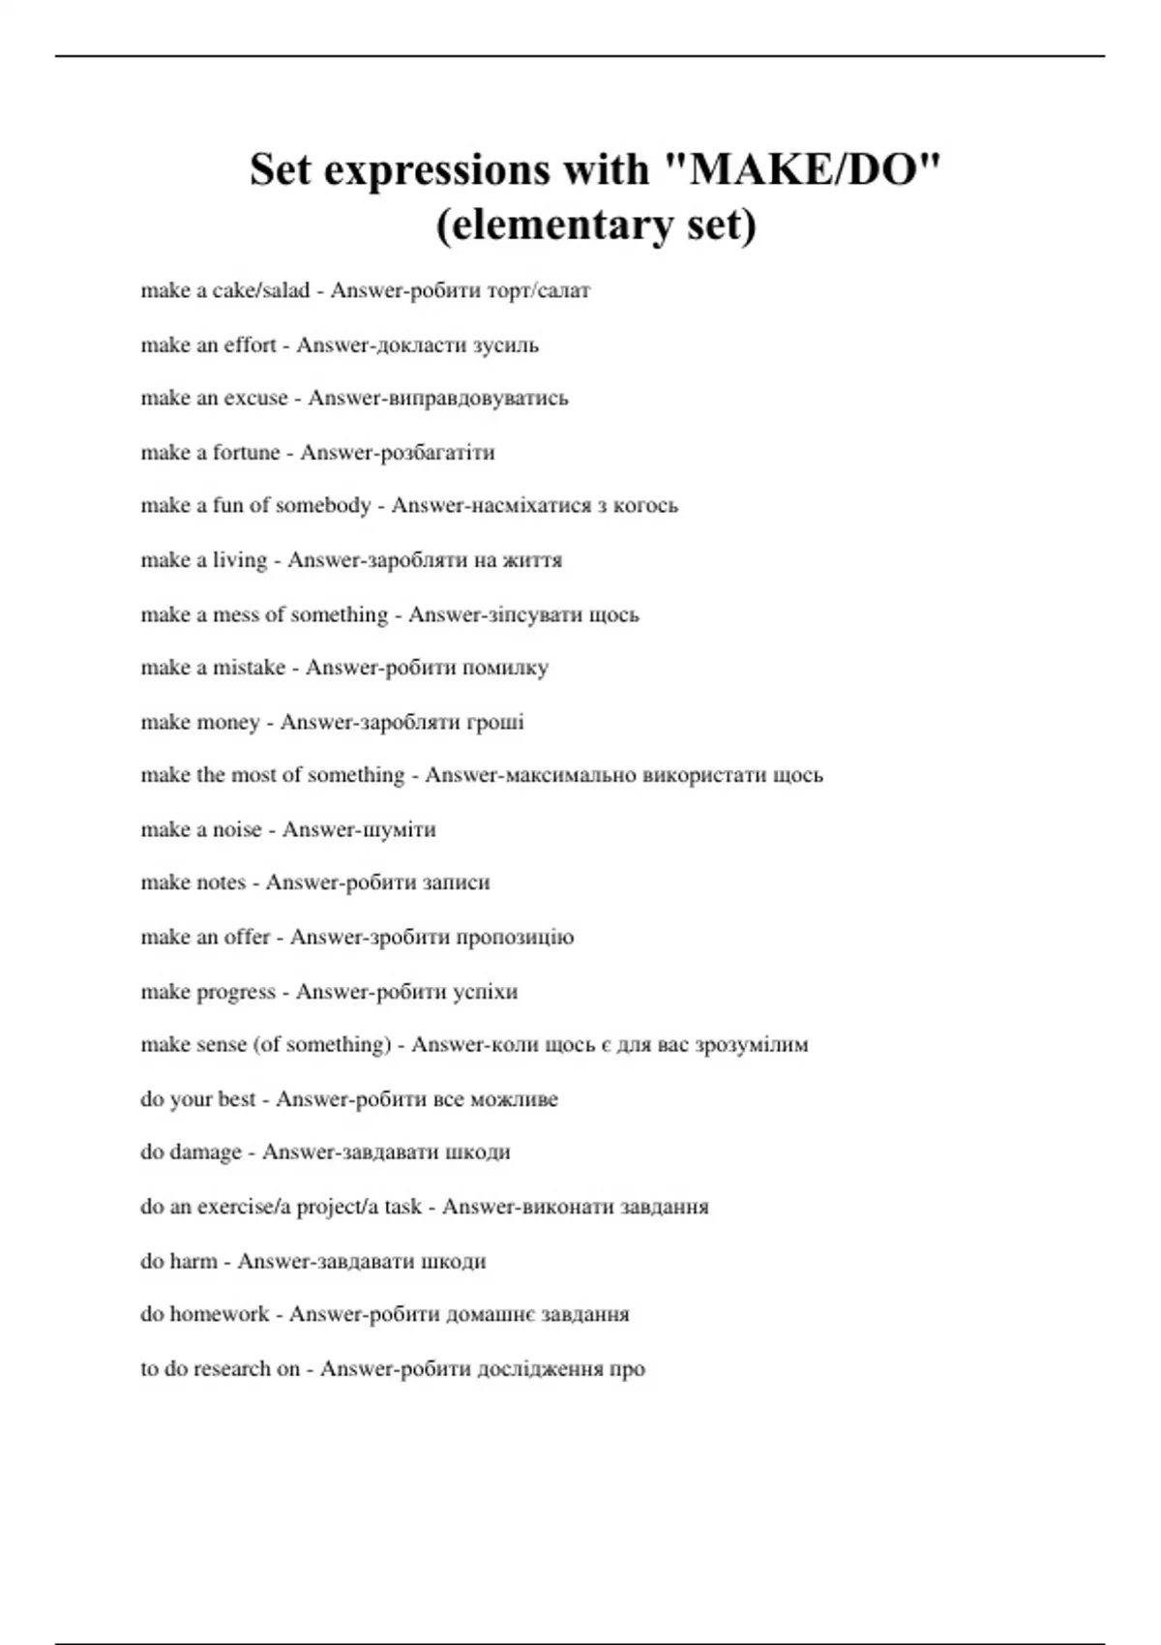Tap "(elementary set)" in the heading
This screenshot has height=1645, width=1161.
[596, 224]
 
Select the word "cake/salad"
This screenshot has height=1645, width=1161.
[260, 290]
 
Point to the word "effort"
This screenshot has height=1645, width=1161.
[251, 344]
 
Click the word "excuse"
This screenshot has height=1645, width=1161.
[256, 398]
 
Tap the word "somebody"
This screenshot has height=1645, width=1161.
[323, 505]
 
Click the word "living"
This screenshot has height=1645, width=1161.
[240, 559]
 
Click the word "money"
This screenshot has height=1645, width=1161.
[227, 722]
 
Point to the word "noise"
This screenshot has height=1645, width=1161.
[237, 829]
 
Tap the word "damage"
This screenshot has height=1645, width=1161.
[205, 1151]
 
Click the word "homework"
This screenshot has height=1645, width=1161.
[219, 1314]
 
